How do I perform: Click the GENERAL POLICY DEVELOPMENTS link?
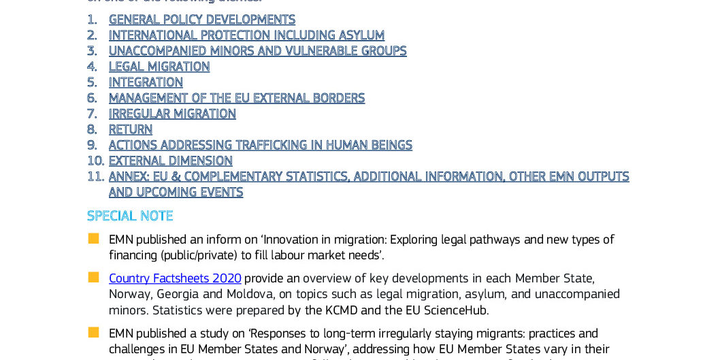[x=201, y=20]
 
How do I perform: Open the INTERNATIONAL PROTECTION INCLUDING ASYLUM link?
[x=246, y=35]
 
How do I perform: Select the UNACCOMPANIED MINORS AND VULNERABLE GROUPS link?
[x=257, y=51]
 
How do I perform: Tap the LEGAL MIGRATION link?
[x=159, y=67]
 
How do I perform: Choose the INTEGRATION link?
[x=146, y=82]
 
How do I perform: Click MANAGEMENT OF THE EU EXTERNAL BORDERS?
[x=237, y=98]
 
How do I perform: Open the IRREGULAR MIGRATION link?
[x=172, y=114]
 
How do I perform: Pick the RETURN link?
[x=131, y=129]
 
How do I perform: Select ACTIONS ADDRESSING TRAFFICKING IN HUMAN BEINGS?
[x=260, y=145]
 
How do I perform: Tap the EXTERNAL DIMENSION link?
[x=170, y=161]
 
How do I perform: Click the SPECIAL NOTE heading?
[x=130, y=216]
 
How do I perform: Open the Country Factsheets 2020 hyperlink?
[x=175, y=278]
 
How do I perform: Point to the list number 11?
[x=95, y=176]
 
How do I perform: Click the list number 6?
[x=92, y=98]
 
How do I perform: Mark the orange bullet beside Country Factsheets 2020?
[x=93, y=278]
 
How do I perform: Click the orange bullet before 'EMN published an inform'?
[x=93, y=239]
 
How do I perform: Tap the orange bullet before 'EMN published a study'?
[x=93, y=333]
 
